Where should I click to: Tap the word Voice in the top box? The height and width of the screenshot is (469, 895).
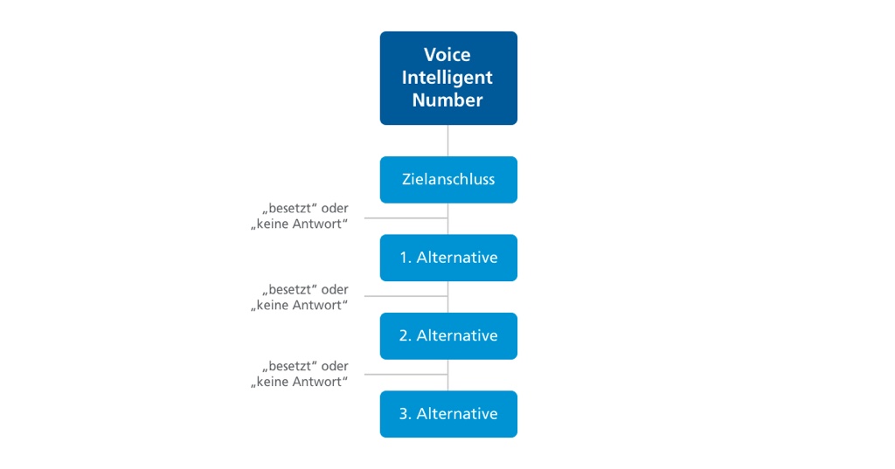[x=447, y=55]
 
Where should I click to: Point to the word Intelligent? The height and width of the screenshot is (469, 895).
[x=447, y=78]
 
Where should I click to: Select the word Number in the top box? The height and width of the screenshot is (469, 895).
[x=447, y=100]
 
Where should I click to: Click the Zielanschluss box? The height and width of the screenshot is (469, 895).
[x=448, y=180]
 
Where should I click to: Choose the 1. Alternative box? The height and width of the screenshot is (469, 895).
[x=448, y=258]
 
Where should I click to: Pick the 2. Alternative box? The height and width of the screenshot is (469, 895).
[x=448, y=335]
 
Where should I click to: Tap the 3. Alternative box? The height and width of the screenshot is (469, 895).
[x=448, y=414]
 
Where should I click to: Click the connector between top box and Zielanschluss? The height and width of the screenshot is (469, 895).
[x=448, y=141]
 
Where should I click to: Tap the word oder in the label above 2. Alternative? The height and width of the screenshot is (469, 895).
[x=335, y=289]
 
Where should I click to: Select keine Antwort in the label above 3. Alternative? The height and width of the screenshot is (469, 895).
[x=300, y=382]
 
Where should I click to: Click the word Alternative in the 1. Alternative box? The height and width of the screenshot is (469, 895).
[x=457, y=258]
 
